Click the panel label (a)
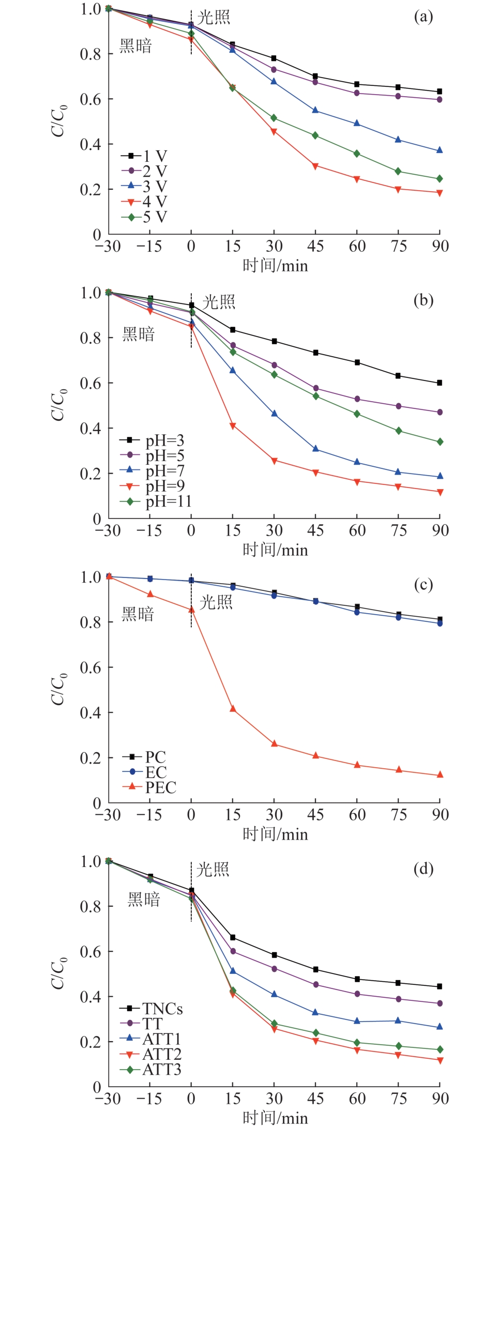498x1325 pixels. pos(423,17)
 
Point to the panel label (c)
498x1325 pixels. pos(423,585)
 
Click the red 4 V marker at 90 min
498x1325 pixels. pos(440,193)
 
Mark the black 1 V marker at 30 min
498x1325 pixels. pos(274,58)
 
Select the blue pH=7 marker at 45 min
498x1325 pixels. pos(315,449)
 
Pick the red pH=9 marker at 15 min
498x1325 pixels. pos(233,426)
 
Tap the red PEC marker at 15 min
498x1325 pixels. pos(233,709)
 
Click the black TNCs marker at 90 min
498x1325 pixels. pos(440,986)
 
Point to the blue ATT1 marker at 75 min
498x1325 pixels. pos(398,1021)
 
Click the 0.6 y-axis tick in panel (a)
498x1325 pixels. pos(90,99)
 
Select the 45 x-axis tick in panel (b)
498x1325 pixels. pos(315,530)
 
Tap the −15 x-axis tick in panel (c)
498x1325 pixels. pos(149,815)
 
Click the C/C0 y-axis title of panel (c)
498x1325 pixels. pos(58,689)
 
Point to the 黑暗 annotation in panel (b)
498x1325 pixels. pos(138,334)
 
